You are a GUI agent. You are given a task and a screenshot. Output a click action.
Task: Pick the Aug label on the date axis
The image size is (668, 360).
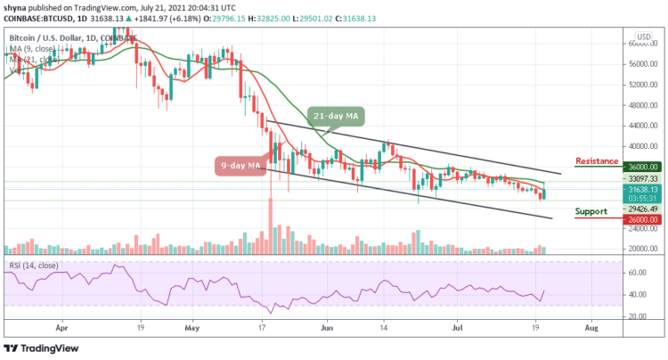592,327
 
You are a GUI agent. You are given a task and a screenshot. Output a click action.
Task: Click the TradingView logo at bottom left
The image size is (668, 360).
44,348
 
